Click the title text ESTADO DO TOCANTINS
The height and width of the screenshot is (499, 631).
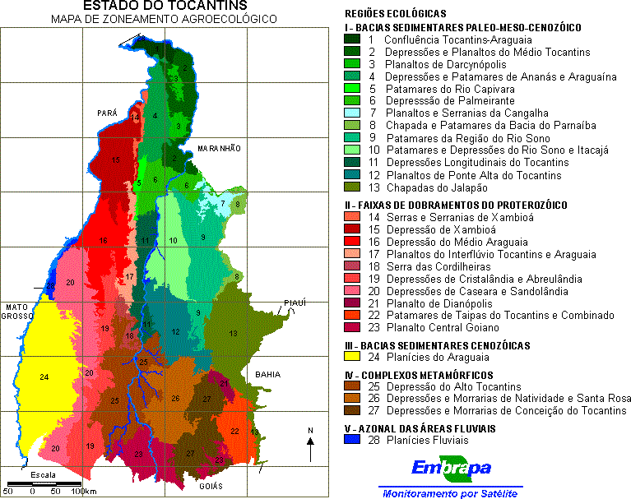(160, 7)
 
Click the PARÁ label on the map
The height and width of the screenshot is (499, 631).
(107, 113)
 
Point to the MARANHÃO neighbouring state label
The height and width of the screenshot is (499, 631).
(219, 148)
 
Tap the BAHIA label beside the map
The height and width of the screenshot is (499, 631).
(268, 374)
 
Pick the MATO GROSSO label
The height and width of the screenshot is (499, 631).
(17, 312)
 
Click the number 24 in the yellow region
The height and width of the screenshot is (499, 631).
(44, 377)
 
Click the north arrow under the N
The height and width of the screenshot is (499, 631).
(309, 450)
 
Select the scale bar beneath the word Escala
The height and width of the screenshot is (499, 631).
(45, 483)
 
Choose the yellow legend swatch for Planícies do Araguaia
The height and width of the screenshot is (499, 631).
(352, 357)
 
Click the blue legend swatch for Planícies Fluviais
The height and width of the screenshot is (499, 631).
(352, 441)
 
